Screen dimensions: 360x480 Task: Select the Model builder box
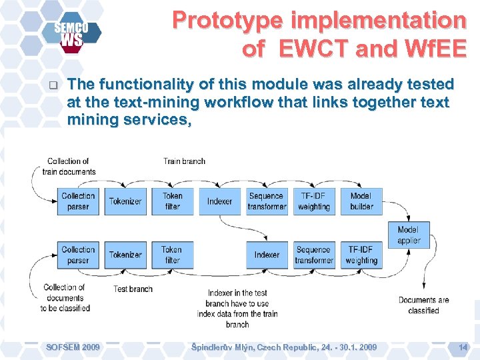[x=361, y=201]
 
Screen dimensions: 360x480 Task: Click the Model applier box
[x=409, y=235]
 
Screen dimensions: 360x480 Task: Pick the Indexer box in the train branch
[x=219, y=201]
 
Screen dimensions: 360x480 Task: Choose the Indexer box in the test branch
[x=267, y=255]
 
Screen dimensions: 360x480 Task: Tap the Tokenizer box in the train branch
[x=125, y=201]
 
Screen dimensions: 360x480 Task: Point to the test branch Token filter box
[x=172, y=255]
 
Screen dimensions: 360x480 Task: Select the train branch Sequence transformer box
[x=267, y=201]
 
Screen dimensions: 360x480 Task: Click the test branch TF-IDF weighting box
[x=361, y=255]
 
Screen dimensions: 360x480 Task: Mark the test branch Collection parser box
[x=78, y=255]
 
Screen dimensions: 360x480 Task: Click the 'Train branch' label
[x=184, y=161]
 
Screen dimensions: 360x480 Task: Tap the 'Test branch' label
[x=133, y=289]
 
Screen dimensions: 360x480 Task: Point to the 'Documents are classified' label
[x=423, y=305]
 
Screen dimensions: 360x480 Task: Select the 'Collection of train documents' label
[x=68, y=166]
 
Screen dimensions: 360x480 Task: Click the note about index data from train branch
[x=237, y=308]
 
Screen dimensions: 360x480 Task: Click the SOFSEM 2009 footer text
[x=73, y=347]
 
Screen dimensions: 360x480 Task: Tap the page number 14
[x=463, y=347]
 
